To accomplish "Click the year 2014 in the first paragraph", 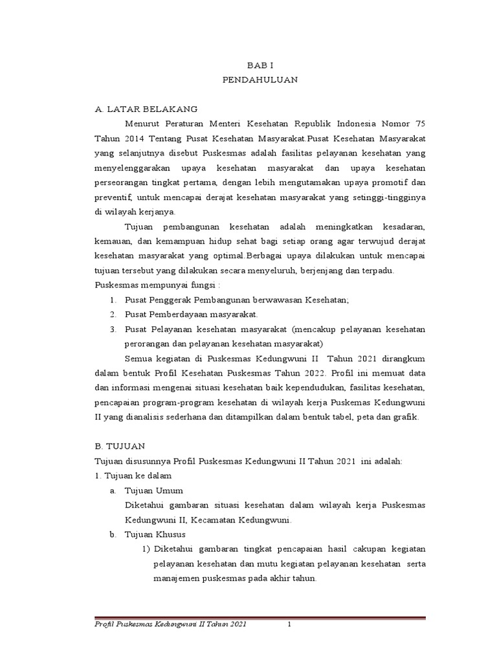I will pos(131,138).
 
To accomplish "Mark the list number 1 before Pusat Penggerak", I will pos(112,300).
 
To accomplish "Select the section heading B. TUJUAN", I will pos(120,446).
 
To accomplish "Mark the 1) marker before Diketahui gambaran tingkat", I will pos(146,549).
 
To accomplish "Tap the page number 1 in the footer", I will pos(291,624).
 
